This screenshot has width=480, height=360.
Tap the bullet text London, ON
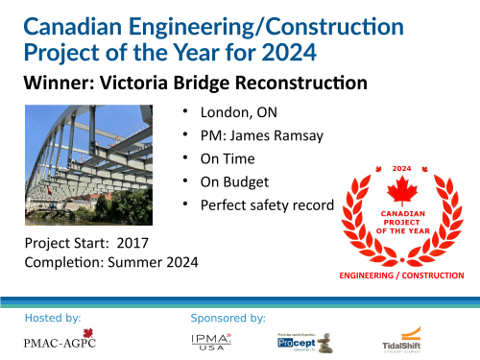[x=231, y=111]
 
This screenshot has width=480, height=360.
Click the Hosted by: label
[x=53, y=316]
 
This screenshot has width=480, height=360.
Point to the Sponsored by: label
[x=228, y=316]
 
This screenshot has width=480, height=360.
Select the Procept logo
[x=302, y=340]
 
